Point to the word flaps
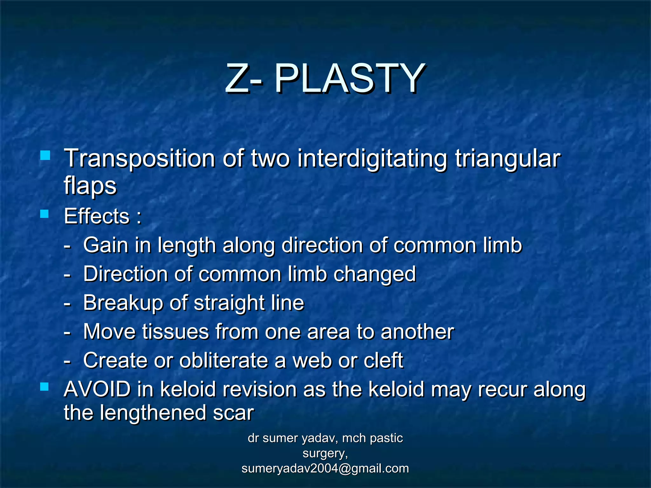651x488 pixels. pyautogui.click(x=90, y=186)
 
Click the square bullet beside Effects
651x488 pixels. pyautogui.click(x=45, y=214)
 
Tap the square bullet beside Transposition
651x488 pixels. pyautogui.click(x=45, y=156)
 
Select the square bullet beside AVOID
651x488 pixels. pyautogui.click(x=45, y=387)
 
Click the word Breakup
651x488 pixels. pyautogui.click(x=123, y=303)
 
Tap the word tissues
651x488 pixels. pyautogui.click(x=175, y=332)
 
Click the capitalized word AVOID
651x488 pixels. pyautogui.click(x=97, y=389)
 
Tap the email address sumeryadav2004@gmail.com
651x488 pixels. pyautogui.click(x=325, y=468)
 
